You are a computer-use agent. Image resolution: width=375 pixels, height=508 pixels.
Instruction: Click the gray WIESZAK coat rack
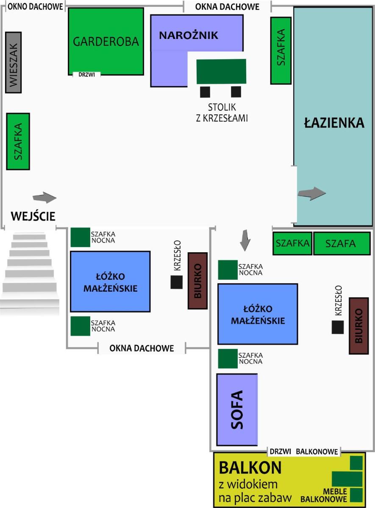tap(14, 62)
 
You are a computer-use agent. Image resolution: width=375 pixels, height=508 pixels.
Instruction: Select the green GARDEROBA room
tap(106, 41)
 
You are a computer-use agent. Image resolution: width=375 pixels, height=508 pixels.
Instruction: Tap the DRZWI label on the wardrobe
tap(86, 75)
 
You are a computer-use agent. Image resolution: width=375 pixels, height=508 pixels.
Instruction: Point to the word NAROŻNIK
tap(189, 36)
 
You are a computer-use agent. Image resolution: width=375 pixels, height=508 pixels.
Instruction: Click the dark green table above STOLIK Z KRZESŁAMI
tap(221, 72)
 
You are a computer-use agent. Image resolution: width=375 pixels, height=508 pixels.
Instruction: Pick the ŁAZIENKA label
tap(334, 122)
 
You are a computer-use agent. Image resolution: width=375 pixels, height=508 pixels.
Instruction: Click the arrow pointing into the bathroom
tap(312, 194)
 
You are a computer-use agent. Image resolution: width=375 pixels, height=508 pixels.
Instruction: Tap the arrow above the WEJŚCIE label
tap(44, 198)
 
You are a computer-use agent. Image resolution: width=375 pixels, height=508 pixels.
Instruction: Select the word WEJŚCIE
tap(33, 216)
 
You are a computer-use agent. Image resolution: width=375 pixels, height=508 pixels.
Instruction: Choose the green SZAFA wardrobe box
tap(342, 243)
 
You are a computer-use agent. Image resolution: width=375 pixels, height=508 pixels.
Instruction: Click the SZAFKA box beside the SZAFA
tap(292, 243)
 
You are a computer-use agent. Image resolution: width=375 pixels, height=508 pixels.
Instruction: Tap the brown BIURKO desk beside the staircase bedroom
tap(197, 281)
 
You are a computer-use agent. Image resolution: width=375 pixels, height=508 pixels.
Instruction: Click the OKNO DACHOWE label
tap(35, 7)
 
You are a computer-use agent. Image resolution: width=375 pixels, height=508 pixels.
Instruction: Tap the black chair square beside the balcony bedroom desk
tap(338, 327)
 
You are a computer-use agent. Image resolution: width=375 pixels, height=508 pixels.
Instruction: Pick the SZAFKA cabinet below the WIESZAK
tap(18, 141)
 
